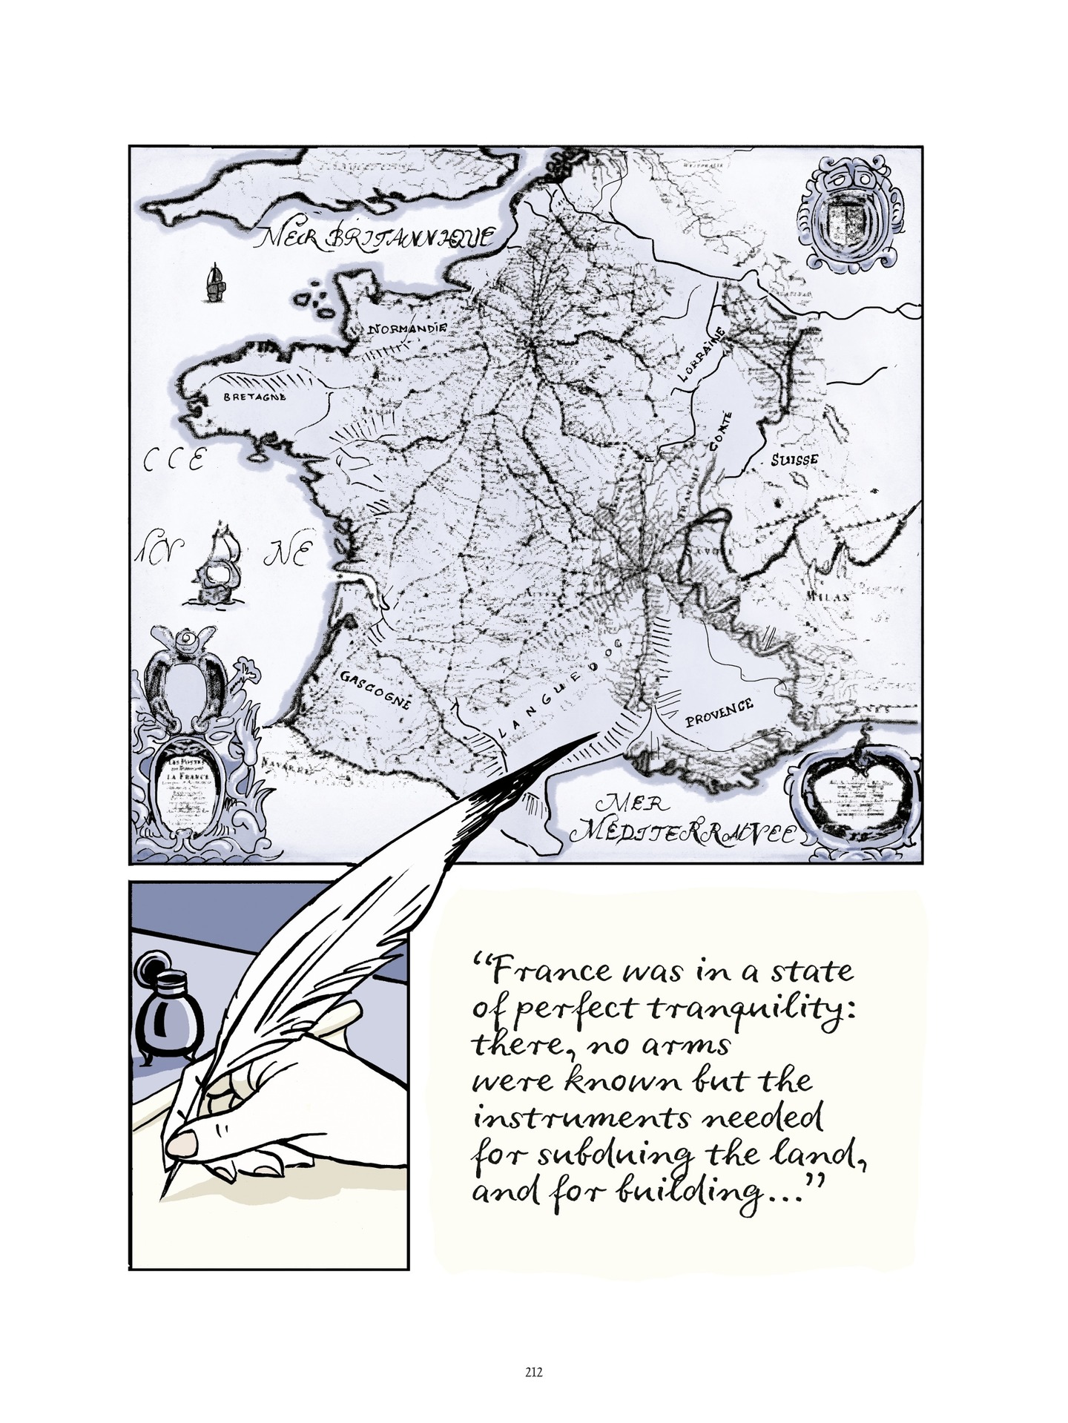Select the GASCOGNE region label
(x=376, y=689)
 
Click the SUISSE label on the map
(x=794, y=458)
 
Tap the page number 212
(x=533, y=1371)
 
